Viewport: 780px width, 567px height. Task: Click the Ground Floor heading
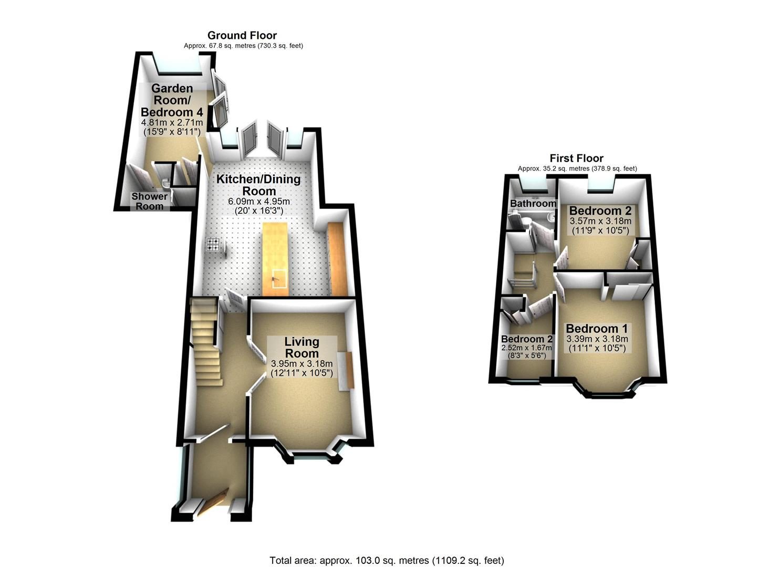point(242,35)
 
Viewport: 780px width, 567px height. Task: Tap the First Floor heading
point(576,159)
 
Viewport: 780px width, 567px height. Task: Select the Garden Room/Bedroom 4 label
point(172,100)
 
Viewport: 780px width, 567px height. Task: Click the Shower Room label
point(149,201)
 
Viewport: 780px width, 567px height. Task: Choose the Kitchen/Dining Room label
point(259,185)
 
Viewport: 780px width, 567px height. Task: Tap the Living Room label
point(302,348)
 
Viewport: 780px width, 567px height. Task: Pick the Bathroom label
point(533,204)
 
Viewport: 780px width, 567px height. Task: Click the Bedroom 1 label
point(597,329)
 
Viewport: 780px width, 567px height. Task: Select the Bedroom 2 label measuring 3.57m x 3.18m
point(600,211)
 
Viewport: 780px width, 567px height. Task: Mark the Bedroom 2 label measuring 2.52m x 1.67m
point(526,339)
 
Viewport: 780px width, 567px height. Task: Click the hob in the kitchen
point(213,244)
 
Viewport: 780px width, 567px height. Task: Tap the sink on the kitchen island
point(279,279)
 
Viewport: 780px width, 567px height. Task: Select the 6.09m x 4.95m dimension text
point(259,202)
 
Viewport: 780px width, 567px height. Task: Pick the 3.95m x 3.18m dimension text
point(302,364)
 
